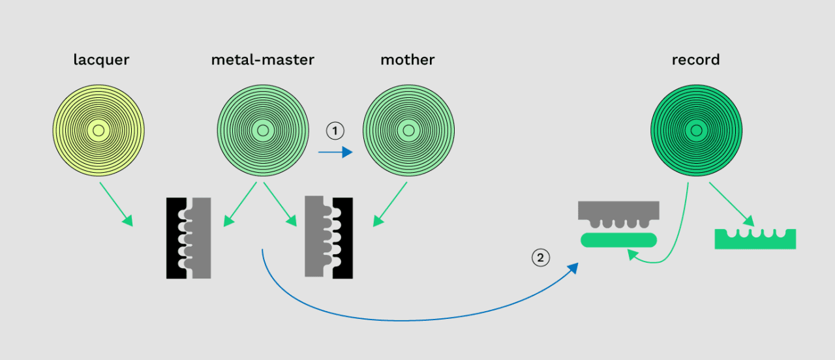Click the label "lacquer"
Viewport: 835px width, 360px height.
coord(101,60)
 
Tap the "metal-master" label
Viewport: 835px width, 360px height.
coord(262,60)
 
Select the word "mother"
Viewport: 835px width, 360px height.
coord(408,60)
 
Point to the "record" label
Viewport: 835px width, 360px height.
coord(696,60)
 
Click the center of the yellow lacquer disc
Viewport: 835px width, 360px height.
coord(99,131)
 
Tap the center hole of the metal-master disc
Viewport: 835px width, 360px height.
coord(263,131)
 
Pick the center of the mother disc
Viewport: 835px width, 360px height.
coord(408,131)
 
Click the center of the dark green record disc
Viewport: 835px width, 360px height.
coord(697,131)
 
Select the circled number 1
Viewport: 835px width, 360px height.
coord(335,131)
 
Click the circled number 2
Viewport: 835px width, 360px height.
coord(540,258)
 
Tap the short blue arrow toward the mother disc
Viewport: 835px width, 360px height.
coord(335,153)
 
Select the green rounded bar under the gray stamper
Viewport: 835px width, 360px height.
coord(619,239)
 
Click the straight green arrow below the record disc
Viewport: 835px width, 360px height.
coord(733,204)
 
